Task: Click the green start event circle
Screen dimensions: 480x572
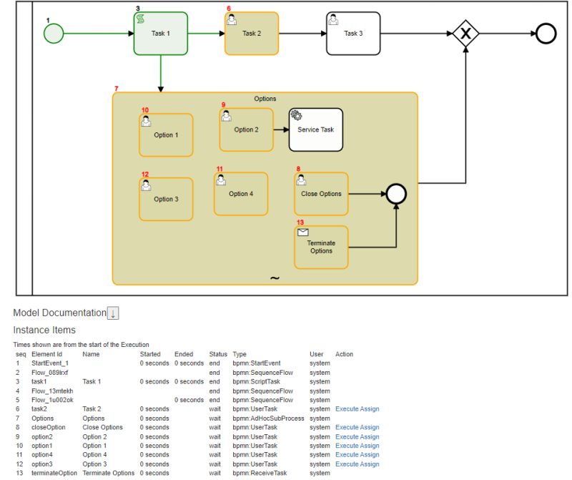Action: coord(53,33)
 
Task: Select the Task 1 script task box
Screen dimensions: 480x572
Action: coord(161,34)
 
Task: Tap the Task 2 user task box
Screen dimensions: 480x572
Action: coord(252,34)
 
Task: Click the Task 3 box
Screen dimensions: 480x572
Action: coord(353,34)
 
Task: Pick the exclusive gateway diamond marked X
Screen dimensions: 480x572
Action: coord(466,34)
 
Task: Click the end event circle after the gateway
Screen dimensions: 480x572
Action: coord(546,34)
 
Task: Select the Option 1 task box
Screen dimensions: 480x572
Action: coord(166,134)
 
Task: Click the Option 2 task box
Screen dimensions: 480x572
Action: coord(246,129)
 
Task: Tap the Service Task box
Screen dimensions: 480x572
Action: coord(315,129)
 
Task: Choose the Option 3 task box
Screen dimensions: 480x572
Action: coord(166,199)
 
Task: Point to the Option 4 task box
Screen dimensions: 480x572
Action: coord(241,194)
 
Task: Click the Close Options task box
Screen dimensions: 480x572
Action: coord(321,194)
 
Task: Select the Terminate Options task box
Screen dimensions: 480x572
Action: coord(321,247)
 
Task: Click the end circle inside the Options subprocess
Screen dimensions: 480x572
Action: coord(395,194)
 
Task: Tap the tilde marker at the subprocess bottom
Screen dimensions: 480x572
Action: coord(275,278)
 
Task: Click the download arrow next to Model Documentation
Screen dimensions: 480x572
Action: coord(113,313)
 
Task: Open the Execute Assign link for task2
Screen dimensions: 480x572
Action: coord(357,409)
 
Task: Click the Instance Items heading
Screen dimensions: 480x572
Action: coord(44,330)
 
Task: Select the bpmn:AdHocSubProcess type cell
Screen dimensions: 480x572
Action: coord(268,418)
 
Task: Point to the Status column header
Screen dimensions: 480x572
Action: coord(218,354)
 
